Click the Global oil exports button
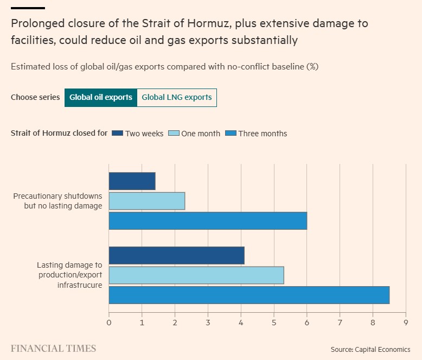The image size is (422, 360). coord(100,98)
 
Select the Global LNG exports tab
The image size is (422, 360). coord(177,98)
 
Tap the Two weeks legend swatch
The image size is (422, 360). coord(117,133)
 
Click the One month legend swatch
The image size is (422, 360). coord(174,133)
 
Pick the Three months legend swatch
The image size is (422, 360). coord(231,133)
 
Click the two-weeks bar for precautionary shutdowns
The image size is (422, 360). coord(132,181)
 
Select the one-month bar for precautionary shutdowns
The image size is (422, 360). coord(147,201)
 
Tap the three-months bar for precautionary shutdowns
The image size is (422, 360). coord(208,221)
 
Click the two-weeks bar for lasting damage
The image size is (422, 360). coord(177,255)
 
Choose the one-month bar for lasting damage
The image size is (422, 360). coord(196,275)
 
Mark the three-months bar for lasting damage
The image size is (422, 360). coord(249,295)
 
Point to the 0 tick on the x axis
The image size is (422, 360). coord(109,323)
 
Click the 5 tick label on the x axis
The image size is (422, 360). coord(274,323)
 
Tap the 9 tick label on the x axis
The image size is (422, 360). coord(406,323)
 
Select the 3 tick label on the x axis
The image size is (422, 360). coord(208,323)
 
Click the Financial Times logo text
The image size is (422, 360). coord(53,349)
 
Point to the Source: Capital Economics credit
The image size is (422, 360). coord(370,349)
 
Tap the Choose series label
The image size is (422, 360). coord(35,98)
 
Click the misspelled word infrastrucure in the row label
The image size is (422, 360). coord(80,285)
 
